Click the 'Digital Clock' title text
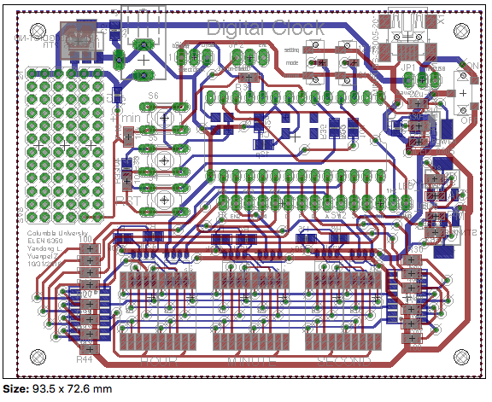[265, 27]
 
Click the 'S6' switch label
[153, 96]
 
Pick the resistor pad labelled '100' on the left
[85, 249]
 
